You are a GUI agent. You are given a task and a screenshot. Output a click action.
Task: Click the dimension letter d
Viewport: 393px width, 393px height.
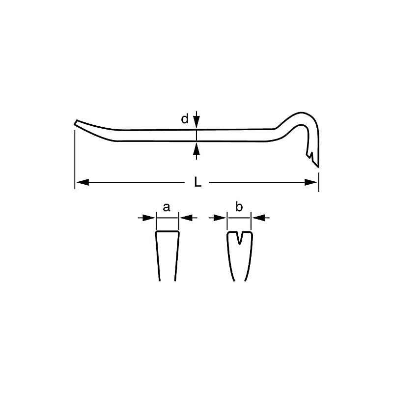point(185,119)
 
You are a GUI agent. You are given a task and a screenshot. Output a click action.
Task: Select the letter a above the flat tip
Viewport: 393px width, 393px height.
point(167,207)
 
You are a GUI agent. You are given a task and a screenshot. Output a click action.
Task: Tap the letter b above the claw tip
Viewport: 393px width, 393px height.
point(239,207)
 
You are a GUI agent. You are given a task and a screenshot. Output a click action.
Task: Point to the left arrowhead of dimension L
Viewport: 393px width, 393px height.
point(82,182)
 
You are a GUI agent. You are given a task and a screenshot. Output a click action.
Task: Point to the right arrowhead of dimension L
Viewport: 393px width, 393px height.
point(312,182)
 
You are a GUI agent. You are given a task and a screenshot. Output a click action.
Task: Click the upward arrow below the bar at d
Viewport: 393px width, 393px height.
point(196,148)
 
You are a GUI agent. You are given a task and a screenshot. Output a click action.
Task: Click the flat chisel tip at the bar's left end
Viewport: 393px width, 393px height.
point(76,122)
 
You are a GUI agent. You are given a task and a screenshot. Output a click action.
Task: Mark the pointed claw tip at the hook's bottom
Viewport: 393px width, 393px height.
point(318,166)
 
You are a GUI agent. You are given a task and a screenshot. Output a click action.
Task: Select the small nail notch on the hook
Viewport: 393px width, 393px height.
point(311,155)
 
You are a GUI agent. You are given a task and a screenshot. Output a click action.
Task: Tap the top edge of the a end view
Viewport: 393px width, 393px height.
point(167,231)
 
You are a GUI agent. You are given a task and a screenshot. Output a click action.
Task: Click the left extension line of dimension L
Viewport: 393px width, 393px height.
point(75,157)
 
